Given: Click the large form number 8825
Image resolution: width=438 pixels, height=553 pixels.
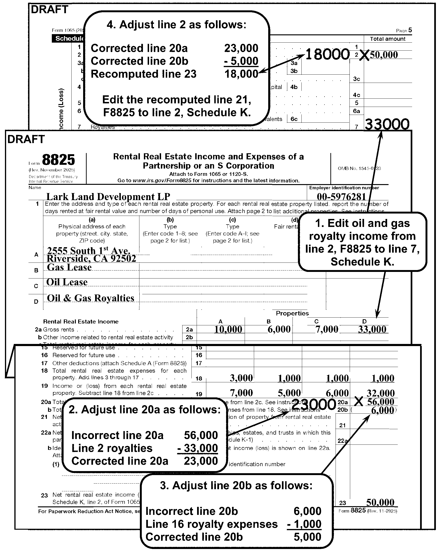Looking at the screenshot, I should pos(58,160).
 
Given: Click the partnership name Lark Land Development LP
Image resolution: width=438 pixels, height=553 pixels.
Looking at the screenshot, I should pos(108,197).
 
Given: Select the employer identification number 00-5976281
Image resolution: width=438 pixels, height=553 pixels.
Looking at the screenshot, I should pos(341,197).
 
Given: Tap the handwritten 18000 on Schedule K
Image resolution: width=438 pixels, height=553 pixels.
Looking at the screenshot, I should pos(328,55).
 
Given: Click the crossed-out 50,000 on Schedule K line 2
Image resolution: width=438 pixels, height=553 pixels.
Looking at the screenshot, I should pos(384,55).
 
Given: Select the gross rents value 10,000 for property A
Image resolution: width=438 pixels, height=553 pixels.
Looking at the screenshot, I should pos(228,329).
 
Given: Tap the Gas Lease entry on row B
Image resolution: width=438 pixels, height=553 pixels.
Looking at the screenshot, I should pos(69,267).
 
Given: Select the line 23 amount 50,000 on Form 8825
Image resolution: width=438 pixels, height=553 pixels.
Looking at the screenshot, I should pos(380,502).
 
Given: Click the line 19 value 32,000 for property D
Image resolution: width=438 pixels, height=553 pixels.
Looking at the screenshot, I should pos(381,393).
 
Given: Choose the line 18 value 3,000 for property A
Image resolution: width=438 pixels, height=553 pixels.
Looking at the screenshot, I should pos(241,378).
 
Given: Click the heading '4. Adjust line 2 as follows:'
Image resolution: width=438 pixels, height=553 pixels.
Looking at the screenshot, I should pos(176,25).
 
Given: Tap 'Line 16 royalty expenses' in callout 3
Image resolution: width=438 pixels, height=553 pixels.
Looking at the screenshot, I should pos(211,524).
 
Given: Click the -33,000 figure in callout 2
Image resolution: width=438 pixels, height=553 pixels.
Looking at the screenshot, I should pos(198,448).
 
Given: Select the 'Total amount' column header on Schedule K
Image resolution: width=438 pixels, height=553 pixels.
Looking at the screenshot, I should pos(387,39).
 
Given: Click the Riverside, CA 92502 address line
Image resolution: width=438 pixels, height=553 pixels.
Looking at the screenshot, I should pos(91,259).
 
